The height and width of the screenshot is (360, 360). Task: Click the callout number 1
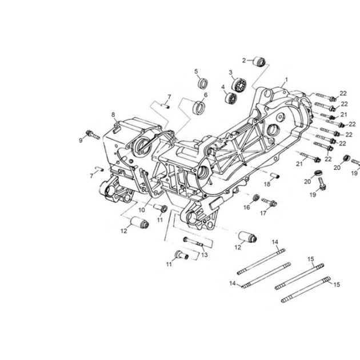tap(286, 79)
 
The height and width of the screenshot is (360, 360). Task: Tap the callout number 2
tap(244, 61)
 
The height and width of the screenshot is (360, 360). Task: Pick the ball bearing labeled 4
tap(230, 98)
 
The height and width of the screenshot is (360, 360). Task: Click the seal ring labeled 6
tap(199, 107)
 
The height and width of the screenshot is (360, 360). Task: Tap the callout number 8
tap(113, 114)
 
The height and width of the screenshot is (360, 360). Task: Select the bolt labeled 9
tap(93, 135)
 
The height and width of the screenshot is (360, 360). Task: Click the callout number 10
tap(142, 210)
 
